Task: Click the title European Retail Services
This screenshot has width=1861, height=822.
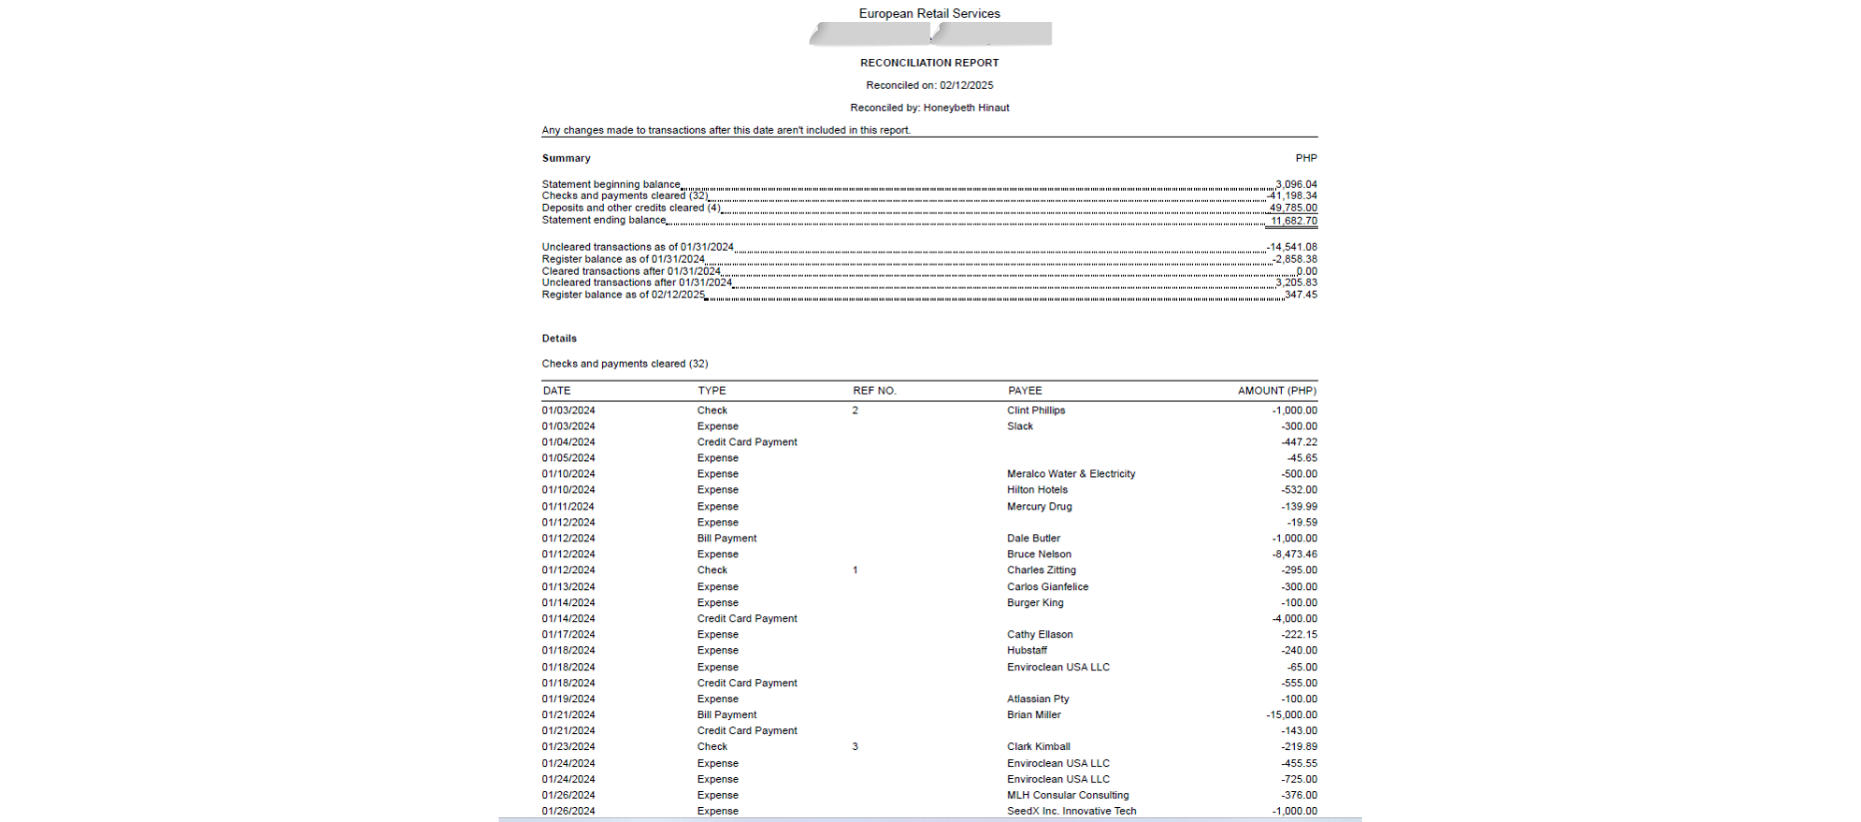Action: pyautogui.click(x=929, y=14)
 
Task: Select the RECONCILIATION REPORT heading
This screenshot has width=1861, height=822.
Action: pyautogui.click(x=929, y=63)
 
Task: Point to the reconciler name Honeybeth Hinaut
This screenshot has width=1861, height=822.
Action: pyautogui.click(x=965, y=108)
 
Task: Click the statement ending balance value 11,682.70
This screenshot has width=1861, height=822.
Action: pyautogui.click(x=1293, y=221)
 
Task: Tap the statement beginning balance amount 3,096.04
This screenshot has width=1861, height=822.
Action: pyautogui.click(x=1296, y=185)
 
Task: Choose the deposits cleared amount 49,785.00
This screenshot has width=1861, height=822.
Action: pyautogui.click(x=1293, y=209)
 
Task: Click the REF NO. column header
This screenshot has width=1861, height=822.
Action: pyautogui.click(x=874, y=391)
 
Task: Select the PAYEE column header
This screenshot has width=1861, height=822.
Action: pyautogui.click(x=1024, y=391)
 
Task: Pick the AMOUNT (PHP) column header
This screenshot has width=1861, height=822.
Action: pyautogui.click(x=1277, y=391)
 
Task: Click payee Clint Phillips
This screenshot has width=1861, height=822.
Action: pyautogui.click(x=1035, y=411)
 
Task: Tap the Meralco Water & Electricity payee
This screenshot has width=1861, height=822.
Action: pyautogui.click(x=1070, y=474)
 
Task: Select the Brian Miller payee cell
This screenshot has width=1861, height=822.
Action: pyautogui.click(x=1033, y=715)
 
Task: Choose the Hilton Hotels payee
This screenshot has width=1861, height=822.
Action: pyautogui.click(x=1036, y=490)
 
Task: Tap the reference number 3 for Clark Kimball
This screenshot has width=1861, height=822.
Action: pyautogui.click(x=855, y=747)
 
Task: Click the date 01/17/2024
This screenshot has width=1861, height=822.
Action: pyautogui.click(x=568, y=635)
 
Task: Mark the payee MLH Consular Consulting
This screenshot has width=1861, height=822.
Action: pyautogui.click(x=1067, y=796)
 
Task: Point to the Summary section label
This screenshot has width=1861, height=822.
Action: pyautogui.click(x=566, y=159)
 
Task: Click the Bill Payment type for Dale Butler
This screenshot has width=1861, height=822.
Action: pyautogui.click(x=726, y=538)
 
